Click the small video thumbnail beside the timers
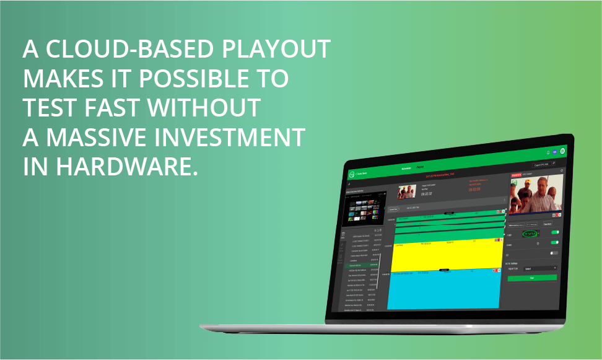[x=407, y=191]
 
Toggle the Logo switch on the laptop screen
[x=554, y=233]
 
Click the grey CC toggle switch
[x=553, y=253]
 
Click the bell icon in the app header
[x=547, y=151]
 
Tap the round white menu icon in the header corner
[x=562, y=151]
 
